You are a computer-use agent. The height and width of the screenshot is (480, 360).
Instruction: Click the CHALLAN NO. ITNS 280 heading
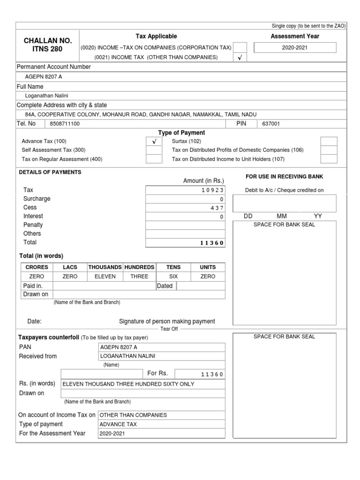[x=43, y=45]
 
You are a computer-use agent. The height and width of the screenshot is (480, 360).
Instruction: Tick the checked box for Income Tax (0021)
[x=240, y=58]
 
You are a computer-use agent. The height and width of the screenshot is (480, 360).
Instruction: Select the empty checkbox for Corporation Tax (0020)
[x=240, y=47]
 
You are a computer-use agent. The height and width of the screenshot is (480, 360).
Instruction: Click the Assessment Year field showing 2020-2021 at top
[x=295, y=48]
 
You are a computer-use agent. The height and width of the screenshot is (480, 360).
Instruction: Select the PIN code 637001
[x=271, y=124]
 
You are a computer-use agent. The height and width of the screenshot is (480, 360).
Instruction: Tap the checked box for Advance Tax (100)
[x=154, y=141]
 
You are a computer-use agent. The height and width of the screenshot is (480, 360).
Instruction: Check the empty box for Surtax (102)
[x=328, y=141]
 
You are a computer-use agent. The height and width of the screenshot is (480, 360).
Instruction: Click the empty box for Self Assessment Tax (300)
[x=154, y=150]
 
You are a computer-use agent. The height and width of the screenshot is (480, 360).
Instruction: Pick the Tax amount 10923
[x=213, y=190]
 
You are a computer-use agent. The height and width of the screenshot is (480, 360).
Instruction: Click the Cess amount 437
[x=217, y=208]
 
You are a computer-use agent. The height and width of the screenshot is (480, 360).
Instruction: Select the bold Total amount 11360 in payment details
[x=212, y=243]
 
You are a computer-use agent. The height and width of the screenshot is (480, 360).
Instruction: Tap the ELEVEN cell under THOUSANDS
[x=105, y=277]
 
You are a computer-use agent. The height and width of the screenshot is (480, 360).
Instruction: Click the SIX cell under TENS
[x=173, y=277]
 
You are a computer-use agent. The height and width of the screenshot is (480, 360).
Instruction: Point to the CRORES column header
[x=37, y=267]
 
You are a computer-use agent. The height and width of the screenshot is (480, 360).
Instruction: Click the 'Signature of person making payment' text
[x=167, y=322]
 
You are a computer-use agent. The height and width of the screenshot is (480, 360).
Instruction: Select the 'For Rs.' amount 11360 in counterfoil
[x=212, y=374]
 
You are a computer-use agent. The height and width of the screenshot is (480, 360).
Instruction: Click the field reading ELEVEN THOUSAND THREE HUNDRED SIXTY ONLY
[x=128, y=384]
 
